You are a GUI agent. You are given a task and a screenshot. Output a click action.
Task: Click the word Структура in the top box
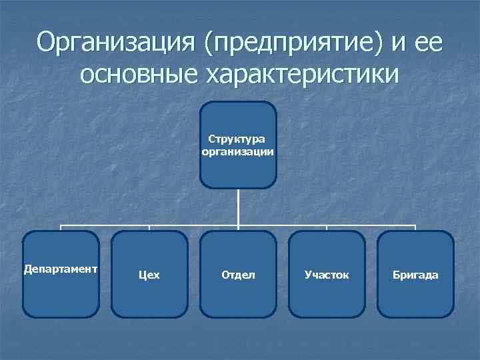[238, 139]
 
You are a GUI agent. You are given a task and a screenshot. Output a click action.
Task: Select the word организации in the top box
[238, 151]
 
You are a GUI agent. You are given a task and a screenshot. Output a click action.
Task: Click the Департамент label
[61, 269]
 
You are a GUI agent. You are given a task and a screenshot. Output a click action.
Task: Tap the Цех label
[149, 275]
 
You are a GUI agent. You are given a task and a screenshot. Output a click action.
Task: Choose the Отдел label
[238, 275]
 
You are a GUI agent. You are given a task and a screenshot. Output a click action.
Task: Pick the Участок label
[327, 275]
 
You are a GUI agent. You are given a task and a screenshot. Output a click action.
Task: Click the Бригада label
[415, 275]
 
